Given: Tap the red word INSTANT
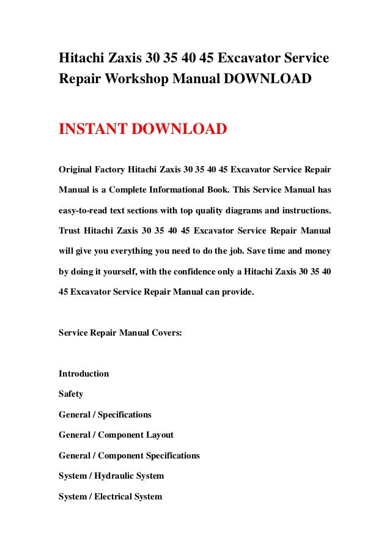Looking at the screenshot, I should pyautogui.click(x=90, y=130).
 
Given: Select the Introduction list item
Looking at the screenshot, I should pyautogui.click(x=84, y=374).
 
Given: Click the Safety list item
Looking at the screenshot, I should pyautogui.click(x=71, y=394).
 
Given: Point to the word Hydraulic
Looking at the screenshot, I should pyautogui.click(x=114, y=476).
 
